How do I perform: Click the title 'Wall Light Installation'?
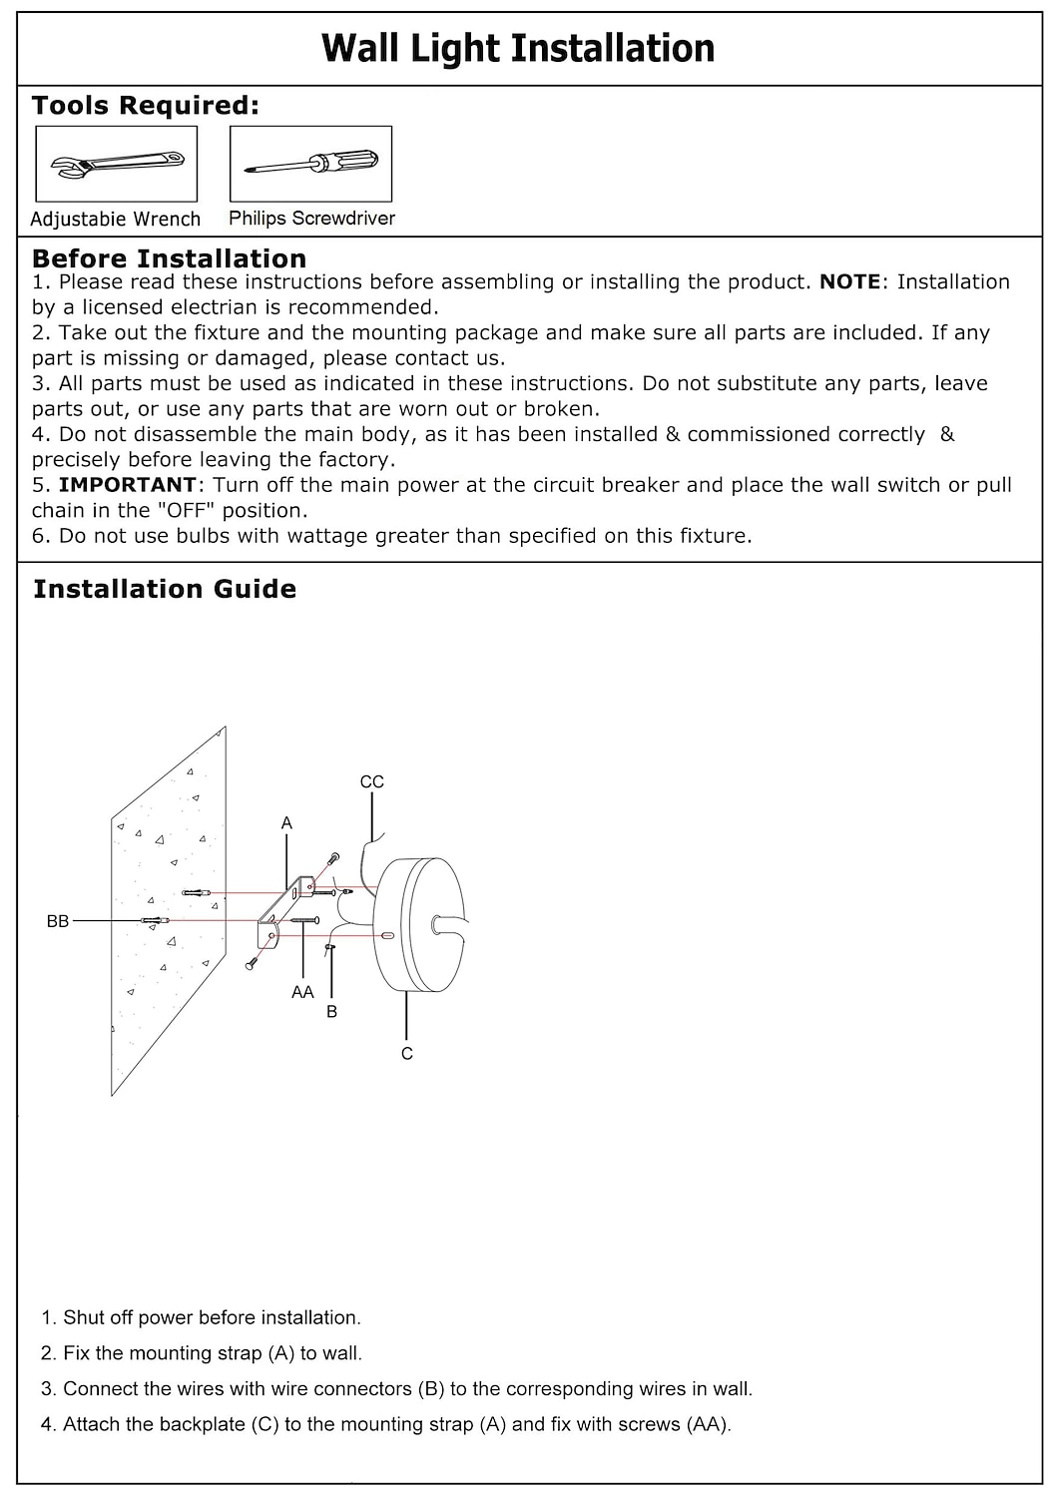(518, 48)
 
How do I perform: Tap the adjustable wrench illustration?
(117, 164)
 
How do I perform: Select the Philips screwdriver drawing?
(310, 164)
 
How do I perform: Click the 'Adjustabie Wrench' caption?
(116, 219)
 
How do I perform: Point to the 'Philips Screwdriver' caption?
(311, 218)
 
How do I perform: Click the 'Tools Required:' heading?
(145, 106)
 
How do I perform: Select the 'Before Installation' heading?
(169, 258)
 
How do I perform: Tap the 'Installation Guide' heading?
(165, 589)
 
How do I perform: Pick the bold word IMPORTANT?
(128, 485)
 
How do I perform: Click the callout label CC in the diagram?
(371, 781)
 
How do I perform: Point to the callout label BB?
(58, 921)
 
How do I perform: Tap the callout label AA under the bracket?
(302, 991)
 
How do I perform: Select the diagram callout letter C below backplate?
(407, 1053)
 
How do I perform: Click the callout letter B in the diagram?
(332, 1011)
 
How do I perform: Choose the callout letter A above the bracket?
(286, 823)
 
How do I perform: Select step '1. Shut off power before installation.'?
(201, 1317)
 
